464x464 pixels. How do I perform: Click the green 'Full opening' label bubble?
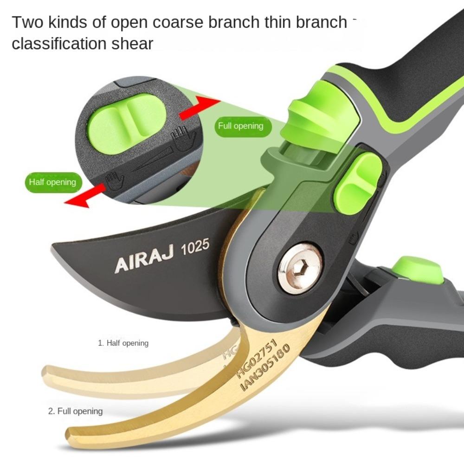tap(240, 126)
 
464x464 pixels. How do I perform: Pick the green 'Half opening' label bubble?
tap(52, 182)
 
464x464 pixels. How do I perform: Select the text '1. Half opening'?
tap(123, 343)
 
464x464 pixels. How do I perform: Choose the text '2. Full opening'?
tap(75, 411)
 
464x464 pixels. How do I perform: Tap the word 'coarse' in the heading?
tap(186, 22)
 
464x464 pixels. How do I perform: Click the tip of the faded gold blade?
tap(45, 372)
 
